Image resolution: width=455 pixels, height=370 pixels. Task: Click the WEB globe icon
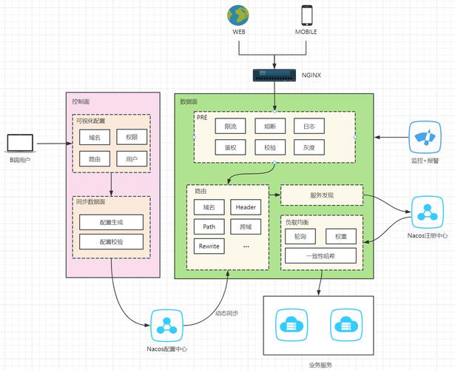[239, 16]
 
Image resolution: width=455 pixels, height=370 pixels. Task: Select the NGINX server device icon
[274, 74]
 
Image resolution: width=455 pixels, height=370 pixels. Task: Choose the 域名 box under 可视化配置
[94, 137]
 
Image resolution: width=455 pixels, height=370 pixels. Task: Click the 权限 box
[132, 137]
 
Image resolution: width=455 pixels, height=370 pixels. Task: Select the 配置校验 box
[112, 242]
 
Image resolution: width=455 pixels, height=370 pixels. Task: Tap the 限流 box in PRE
[230, 127]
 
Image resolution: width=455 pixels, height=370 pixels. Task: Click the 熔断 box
[269, 127]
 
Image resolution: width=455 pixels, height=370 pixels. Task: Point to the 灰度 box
[309, 147]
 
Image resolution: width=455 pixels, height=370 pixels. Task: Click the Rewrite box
[209, 246]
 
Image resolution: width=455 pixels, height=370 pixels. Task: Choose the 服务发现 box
[322, 195]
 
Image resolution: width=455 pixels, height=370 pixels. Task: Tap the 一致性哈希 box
[321, 256]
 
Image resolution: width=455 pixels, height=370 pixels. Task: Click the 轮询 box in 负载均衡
[300, 236]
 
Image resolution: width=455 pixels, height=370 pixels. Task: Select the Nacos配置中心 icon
[167, 323]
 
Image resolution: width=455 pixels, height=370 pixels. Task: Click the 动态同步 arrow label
[226, 314]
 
